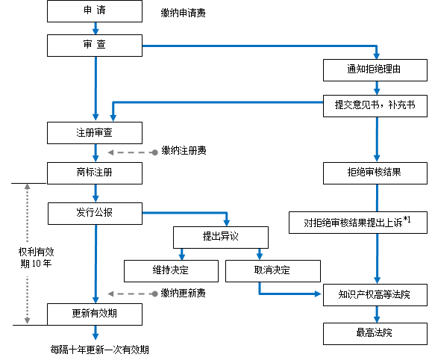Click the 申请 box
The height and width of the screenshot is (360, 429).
point(95,11)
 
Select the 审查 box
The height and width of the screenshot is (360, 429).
point(95,46)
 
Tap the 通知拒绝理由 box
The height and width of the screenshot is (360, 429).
point(375,70)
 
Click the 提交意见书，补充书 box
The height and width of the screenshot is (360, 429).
point(375,106)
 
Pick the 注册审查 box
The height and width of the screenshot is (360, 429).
point(95,133)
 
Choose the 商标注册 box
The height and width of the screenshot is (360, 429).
point(95,173)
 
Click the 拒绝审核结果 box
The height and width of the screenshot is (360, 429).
point(375,173)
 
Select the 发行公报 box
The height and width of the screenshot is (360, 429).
point(95,214)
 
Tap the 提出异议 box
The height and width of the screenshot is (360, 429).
point(221,238)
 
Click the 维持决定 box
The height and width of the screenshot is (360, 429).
point(172,271)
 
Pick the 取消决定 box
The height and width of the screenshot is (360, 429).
point(273,271)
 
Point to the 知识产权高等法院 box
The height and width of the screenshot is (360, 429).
point(375,295)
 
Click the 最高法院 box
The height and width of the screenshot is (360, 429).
point(375,334)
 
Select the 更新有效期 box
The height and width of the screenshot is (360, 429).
point(95,314)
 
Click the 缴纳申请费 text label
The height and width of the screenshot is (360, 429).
point(183,13)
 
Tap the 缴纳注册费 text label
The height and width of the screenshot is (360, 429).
point(184,150)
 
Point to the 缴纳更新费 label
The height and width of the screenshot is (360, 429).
point(183,293)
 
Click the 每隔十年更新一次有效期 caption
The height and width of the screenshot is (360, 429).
point(99,350)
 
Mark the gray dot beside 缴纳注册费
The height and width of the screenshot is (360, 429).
point(155,152)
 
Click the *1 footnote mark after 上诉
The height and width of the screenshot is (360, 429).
point(407,220)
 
